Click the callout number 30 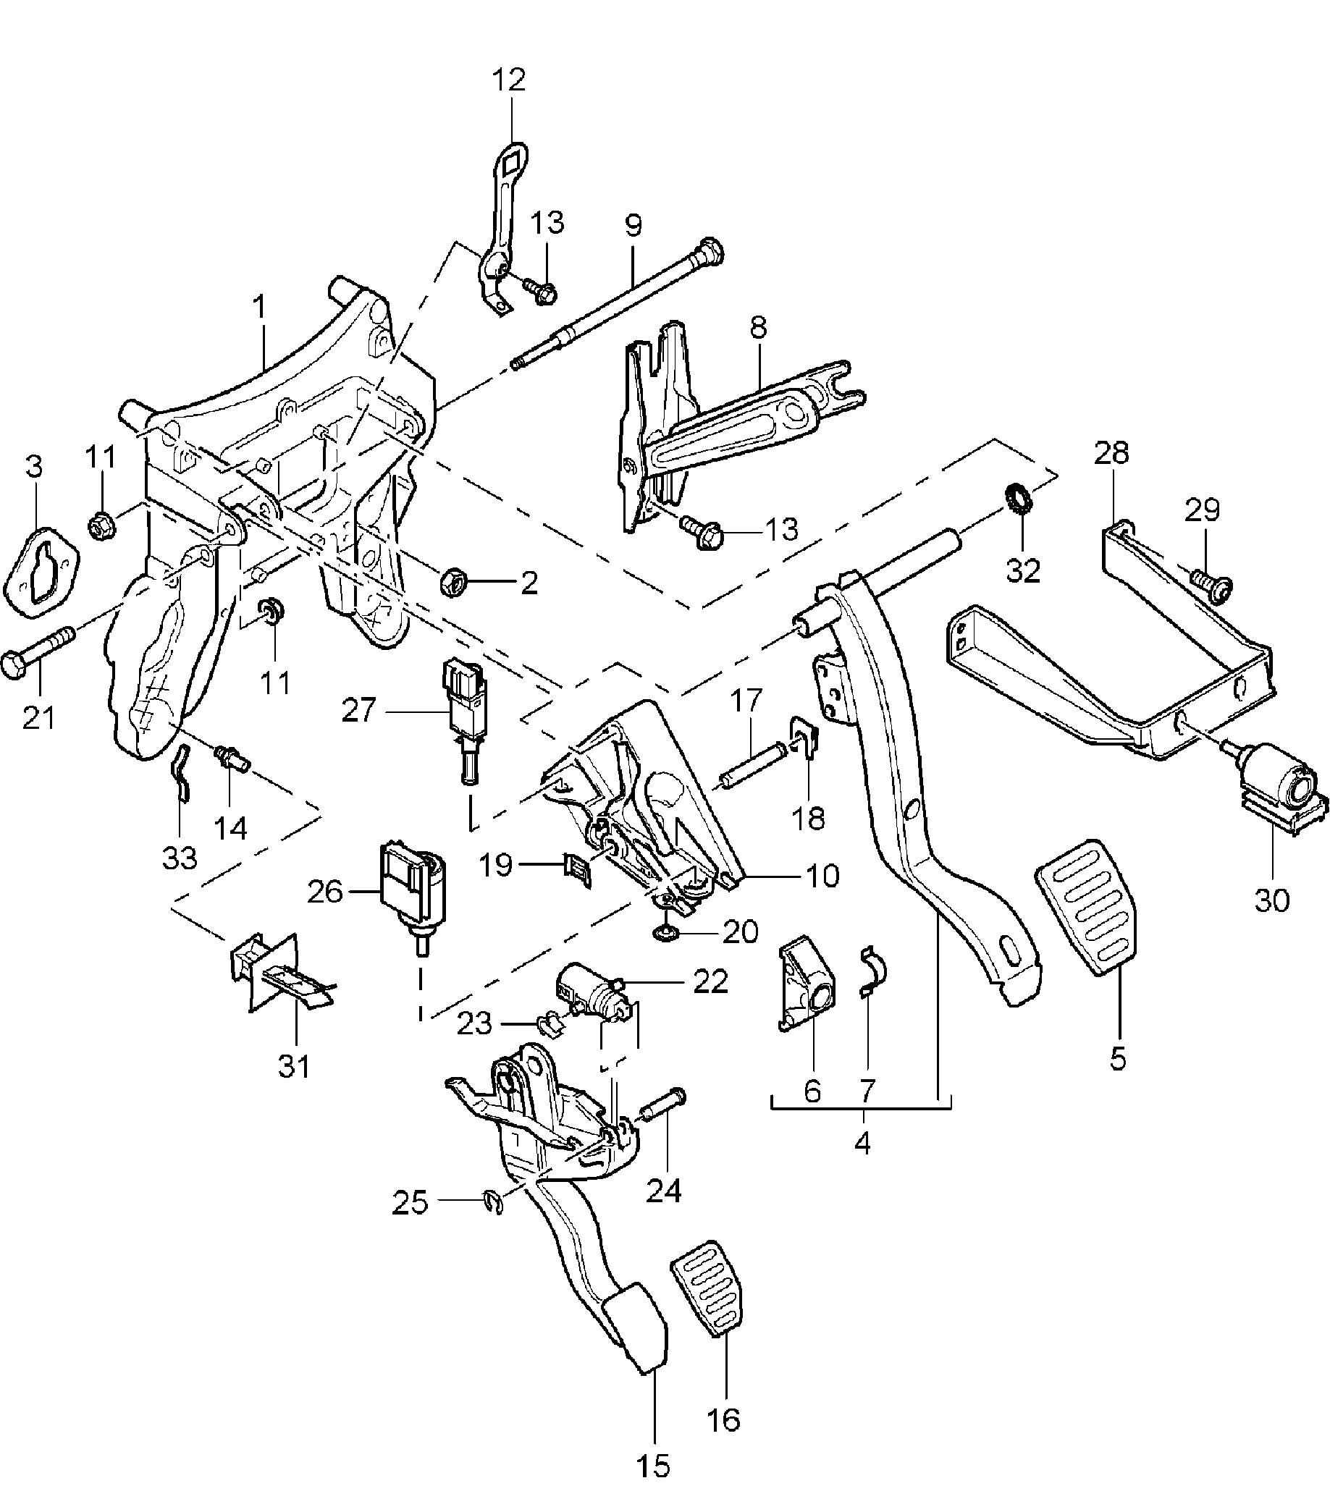[1271, 900]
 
